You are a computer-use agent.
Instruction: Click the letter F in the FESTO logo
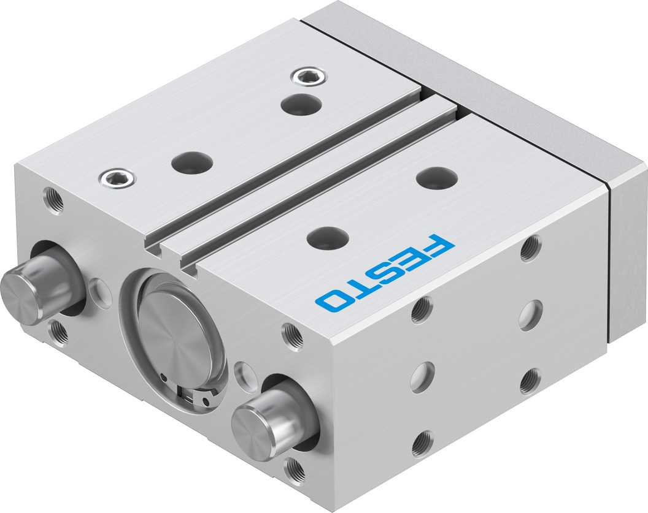[433, 248]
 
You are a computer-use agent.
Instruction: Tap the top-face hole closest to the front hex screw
[192, 162]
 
